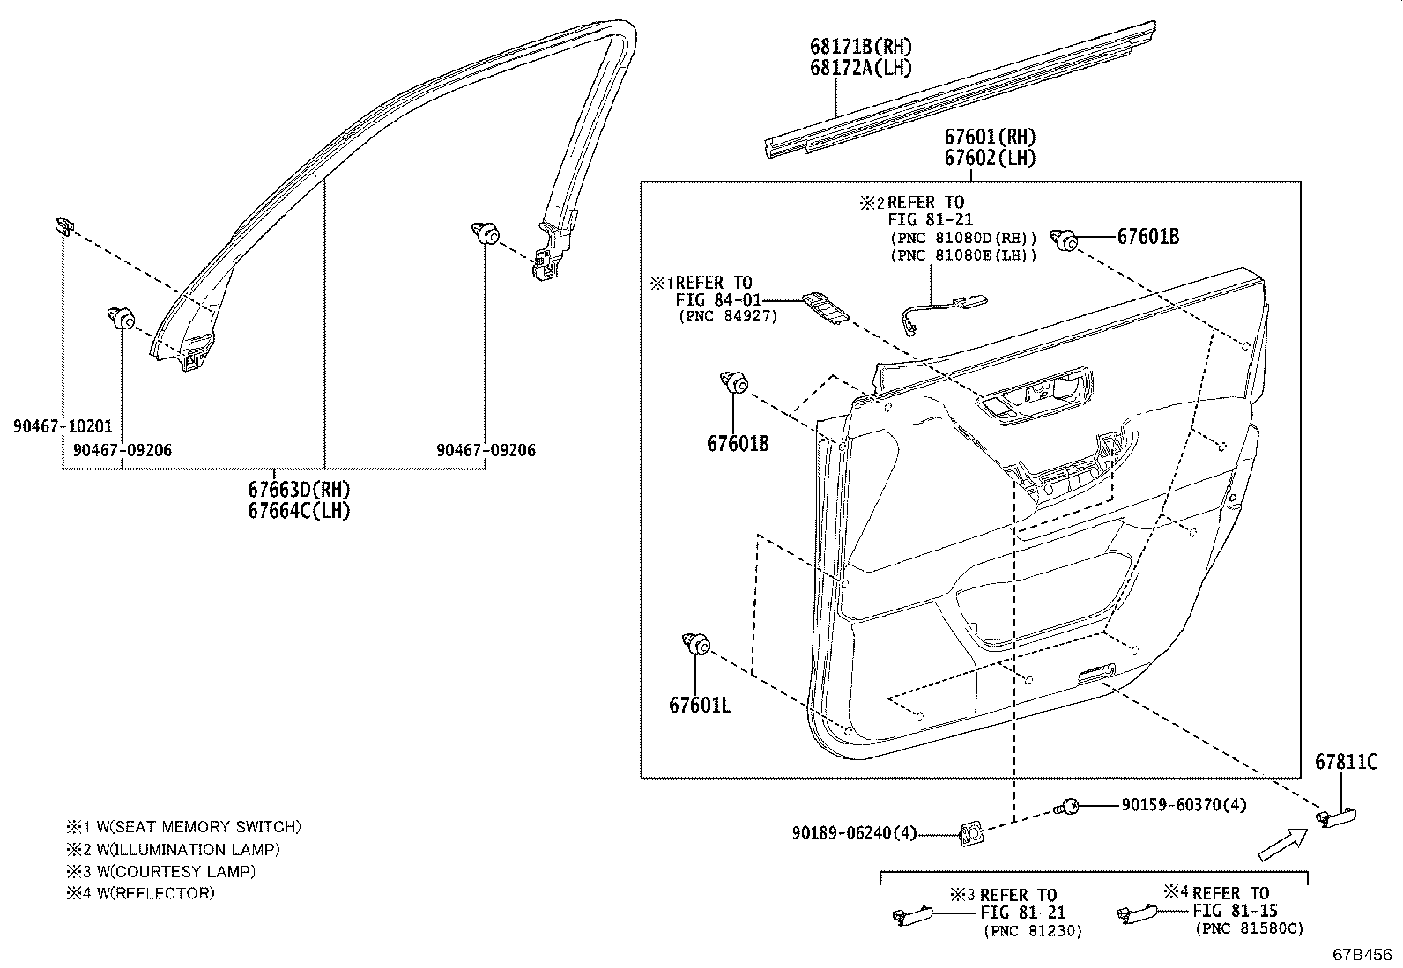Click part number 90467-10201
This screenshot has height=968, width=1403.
pyautogui.click(x=63, y=426)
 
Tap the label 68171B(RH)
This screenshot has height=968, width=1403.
pyautogui.click(x=861, y=47)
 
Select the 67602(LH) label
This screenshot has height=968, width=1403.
pyautogui.click(x=990, y=159)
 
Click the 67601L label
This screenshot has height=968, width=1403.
pyautogui.click(x=699, y=705)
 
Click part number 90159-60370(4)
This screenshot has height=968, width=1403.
pyautogui.click(x=1184, y=805)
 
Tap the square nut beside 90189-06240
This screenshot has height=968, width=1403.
pyautogui.click(x=971, y=832)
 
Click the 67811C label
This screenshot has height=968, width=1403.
pyautogui.click(x=1346, y=763)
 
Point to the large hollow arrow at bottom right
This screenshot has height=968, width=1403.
pyautogui.click(x=1283, y=843)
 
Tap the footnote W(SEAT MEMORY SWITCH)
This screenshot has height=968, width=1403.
pyautogui.click(x=183, y=827)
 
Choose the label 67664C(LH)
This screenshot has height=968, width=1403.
pyautogui.click(x=299, y=511)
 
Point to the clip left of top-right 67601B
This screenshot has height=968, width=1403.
pyautogui.click(x=1067, y=240)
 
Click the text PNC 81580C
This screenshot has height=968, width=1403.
pyautogui.click(x=1249, y=928)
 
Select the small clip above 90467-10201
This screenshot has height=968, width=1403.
pyautogui.click(x=62, y=225)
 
